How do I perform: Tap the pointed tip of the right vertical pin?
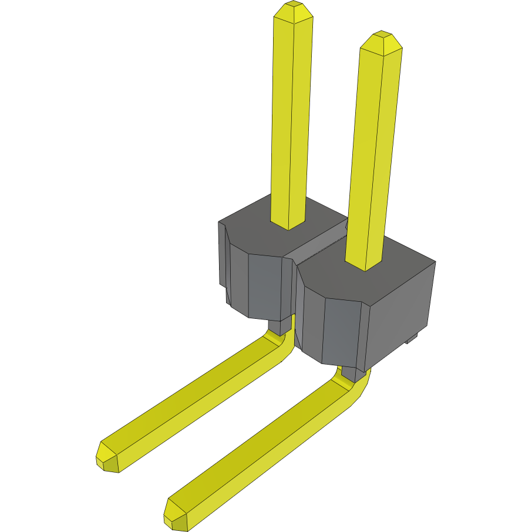(381, 41)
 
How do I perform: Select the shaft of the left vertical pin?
(290, 117)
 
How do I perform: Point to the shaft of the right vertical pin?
(374, 153)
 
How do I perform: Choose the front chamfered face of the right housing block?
(341, 332)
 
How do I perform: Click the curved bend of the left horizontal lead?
(282, 346)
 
